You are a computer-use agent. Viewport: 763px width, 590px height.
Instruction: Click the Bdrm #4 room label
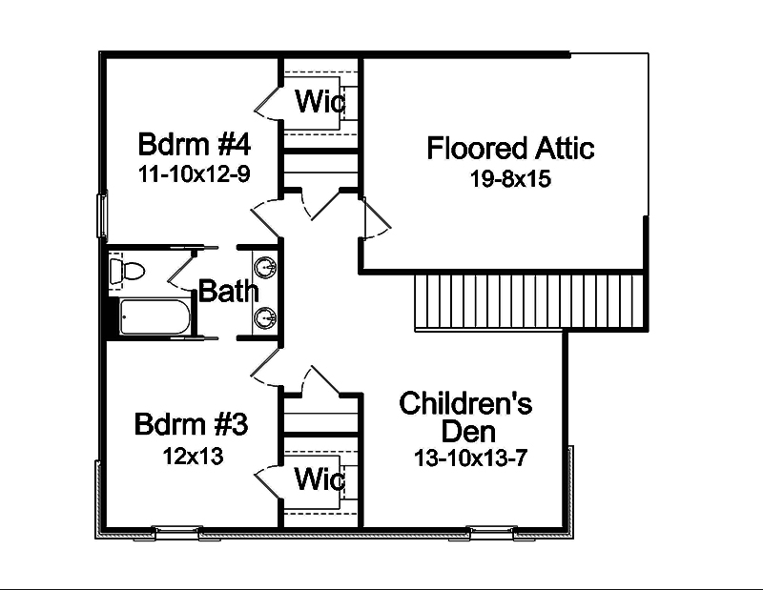click(194, 146)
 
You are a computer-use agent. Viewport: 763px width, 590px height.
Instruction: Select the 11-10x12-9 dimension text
click(194, 174)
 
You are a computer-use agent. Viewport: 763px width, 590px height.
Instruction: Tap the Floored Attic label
click(510, 149)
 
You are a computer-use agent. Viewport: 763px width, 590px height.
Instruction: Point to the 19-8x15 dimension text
click(510, 178)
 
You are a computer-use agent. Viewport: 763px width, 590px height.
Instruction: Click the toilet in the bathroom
click(126, 271)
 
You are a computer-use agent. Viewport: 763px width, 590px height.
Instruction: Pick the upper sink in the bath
click(266, 264)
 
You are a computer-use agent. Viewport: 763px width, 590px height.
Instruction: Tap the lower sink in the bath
click(266, 316)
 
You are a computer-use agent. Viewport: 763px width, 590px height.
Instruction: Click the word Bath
click(228, 292)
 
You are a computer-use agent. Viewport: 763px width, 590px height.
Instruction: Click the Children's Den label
click(465, 417)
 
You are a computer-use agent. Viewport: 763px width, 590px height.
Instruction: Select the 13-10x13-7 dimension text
click(470, 458)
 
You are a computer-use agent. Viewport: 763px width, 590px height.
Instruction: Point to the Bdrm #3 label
click(192, 424)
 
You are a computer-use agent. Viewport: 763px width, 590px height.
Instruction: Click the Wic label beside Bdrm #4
click(320, 101)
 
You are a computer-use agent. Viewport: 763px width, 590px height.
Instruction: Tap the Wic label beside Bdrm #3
click(320, 479)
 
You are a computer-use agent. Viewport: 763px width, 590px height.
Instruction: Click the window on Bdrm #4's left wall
click(102, 215)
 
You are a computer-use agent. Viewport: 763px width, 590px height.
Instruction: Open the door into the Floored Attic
click(376, 219)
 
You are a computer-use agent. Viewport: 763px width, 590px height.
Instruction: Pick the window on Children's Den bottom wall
click(490, 530)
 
